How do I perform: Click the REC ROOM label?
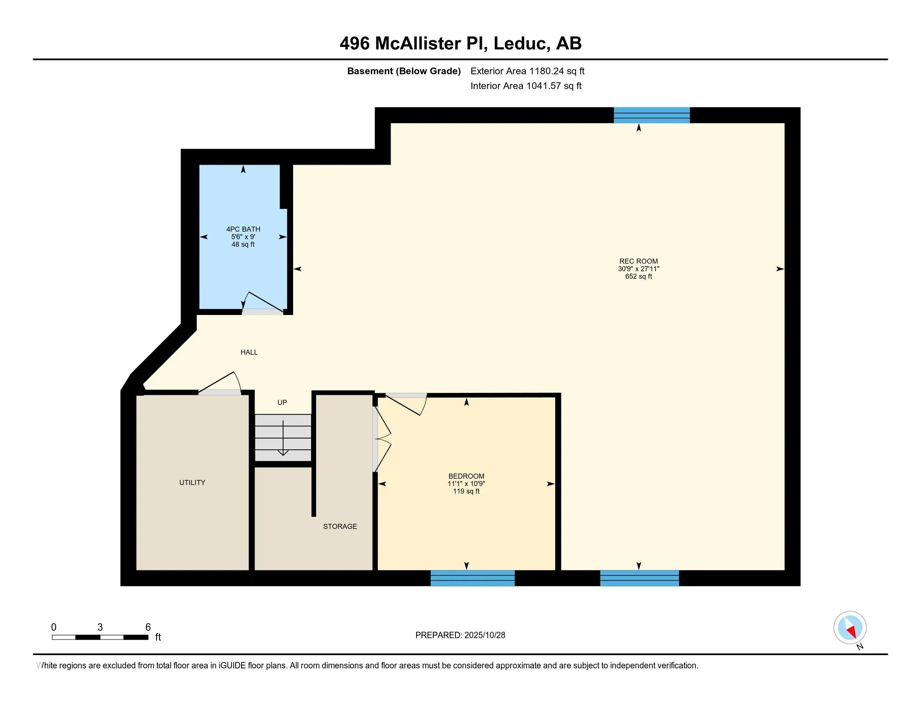pyautogui.click(x=638, y=261)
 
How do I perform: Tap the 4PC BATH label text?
pyautogui.click(x=243, y=229)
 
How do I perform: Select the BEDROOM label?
pyautogui.click(x=466, y=476)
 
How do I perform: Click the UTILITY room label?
pyautogui.click(x=192, y=482)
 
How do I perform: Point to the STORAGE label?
pyautogui.click(x=340, y=526)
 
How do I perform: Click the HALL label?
pyautogui.click(x=249, y=352)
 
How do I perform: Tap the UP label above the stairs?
pyautogui.click(x=282, y=402)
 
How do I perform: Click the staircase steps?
pyautogui.click(x=283, y=437)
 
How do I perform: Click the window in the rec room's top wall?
pyautogui.click(x=651, y=115)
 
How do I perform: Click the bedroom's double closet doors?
pyautogui.click(x=382, y=439)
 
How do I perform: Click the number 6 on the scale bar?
pyautogui.click(x=148, y=627)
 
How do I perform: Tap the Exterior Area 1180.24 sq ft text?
pyautogui.click(x=527, y=71)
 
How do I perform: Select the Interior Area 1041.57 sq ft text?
pyautogui.click(x=526, y=85)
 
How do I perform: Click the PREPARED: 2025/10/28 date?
pyautogui.click(x=460, y=635)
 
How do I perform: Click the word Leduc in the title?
pyautogui.click(x=521, y=43)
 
